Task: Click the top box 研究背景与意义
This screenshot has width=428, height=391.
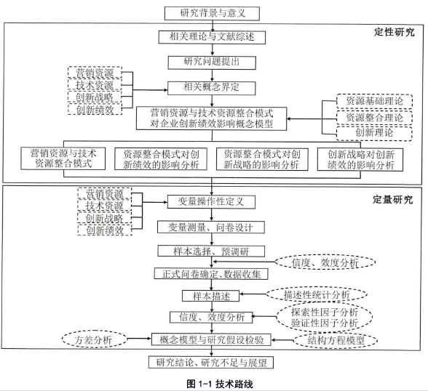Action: [212, 13]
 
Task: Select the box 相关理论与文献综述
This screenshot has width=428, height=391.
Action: [212, 37]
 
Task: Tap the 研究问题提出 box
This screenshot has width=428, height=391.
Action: [212, 63]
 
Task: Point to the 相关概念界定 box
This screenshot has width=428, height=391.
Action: [212, 88]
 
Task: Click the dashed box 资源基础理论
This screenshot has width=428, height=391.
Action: [374, 101]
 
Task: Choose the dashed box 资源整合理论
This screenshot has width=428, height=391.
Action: [374, 118]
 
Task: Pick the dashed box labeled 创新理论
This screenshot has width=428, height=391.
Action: [374, 133]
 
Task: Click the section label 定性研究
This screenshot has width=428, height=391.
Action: [395, 33]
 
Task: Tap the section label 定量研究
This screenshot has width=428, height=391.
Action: [393, 200]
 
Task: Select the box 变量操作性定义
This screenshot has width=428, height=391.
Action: [211, 202]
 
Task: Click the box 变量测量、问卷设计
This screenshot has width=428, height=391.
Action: [211, 227]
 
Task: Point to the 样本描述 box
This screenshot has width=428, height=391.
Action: [211, 296]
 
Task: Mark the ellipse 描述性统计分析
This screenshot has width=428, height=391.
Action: [317, 294]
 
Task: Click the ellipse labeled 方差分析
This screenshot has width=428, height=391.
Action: [95, 339]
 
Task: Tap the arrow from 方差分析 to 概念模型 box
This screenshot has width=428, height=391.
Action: [139, 339]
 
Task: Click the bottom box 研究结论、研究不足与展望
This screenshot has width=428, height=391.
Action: [211, 363]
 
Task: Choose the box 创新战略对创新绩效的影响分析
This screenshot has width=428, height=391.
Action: [360, 159]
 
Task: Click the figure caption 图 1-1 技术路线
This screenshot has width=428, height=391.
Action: [220, 384]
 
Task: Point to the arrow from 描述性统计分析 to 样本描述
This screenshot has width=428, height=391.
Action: [253, 294]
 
